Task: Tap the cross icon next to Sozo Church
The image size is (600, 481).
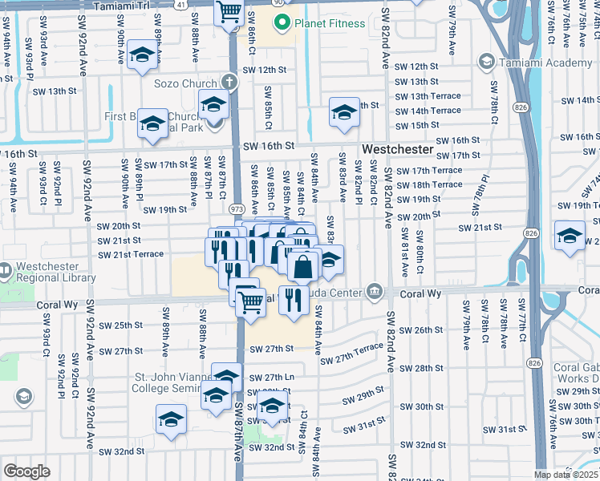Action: tap(229, 83)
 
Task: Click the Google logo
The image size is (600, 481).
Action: tap(26, 471)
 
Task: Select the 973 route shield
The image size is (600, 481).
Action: tap(237, 208)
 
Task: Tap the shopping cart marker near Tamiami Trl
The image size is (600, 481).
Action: tap(229, 13)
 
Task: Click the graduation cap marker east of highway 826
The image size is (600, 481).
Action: tap(570, 237)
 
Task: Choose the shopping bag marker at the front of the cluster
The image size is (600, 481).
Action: tap(303, 267)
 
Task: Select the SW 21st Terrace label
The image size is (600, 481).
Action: tap(131, 254)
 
